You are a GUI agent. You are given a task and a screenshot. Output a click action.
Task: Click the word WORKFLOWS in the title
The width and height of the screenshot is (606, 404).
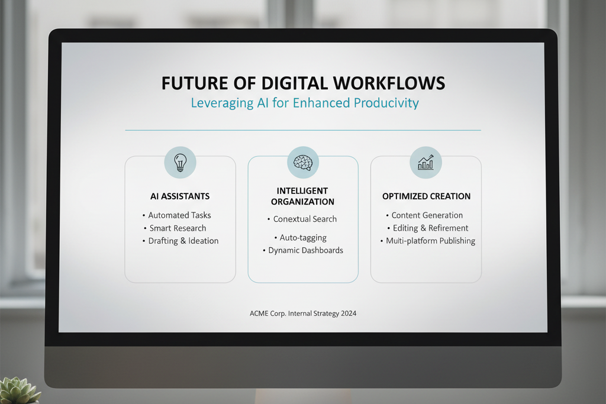pos(389,83)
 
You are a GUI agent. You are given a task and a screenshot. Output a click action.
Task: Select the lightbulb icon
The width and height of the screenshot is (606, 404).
pos(180,163)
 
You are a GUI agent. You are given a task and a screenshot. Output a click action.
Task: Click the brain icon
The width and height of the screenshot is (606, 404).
pos(303,162)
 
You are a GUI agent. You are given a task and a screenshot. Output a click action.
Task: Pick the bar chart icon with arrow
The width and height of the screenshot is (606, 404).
pos(426,162)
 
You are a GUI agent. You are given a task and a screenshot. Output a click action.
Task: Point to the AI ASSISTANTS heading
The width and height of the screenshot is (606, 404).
pos(180,196)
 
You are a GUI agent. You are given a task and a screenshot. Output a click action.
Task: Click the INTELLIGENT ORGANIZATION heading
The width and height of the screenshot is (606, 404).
pos(302,196)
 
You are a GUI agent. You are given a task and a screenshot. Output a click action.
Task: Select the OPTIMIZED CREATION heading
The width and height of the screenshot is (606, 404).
pos(426,196)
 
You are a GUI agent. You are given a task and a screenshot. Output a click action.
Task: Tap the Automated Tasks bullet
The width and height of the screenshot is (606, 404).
pos(177,215)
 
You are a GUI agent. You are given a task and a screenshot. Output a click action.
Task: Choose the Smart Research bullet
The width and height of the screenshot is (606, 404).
pos(175,228)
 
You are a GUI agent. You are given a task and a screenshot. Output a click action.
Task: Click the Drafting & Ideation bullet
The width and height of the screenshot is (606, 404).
pos(180,241)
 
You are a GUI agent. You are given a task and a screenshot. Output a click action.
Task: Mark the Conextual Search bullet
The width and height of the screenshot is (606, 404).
pos(302,219)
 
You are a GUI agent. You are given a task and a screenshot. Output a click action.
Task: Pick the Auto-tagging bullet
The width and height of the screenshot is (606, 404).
pos(301,238)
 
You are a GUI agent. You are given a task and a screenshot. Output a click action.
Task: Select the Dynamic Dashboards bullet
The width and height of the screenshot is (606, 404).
pos(303,250)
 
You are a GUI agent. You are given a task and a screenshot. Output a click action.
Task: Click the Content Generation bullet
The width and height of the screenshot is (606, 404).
pos(424,215)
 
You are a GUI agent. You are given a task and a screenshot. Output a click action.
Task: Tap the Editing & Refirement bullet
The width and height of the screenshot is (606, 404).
pos(428,228)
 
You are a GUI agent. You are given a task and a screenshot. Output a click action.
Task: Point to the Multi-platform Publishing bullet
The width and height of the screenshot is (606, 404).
pos(428,241)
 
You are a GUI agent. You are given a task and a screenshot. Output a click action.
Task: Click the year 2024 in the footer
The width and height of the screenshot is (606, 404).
pos(349,313)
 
